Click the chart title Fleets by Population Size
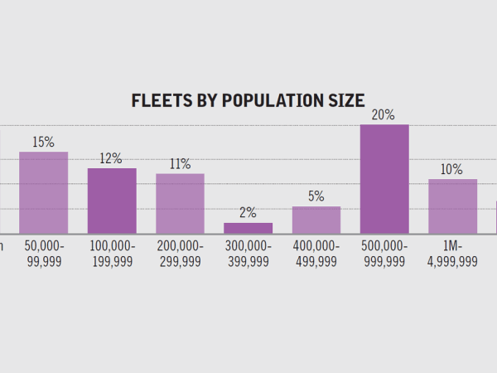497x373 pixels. tap(248, 101)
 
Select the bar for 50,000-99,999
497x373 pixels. tap(43, 192)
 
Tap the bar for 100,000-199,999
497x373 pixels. tap(112, 201)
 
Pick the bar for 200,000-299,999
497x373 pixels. tap(180, 203)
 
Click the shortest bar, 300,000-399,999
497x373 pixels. tap(248, 228)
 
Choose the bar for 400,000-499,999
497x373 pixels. tap(316, 220)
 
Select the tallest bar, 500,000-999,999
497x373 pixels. tap(384, 179)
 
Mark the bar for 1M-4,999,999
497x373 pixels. tap(452, 206)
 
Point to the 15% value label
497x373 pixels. tap(43, 143)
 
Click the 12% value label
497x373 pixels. tap(112, 158)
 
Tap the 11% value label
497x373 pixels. tap(180, 164)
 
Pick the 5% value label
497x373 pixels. tap(316, 196)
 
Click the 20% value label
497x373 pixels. tap(384, 115)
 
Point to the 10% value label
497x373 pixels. tap(452, 169)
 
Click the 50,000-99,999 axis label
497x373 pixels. tap(43, 254)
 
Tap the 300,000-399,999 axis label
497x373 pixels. tap(248, 254)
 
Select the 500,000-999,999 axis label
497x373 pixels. tap(384, 254)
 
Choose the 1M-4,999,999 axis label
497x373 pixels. tap(452, 254)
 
